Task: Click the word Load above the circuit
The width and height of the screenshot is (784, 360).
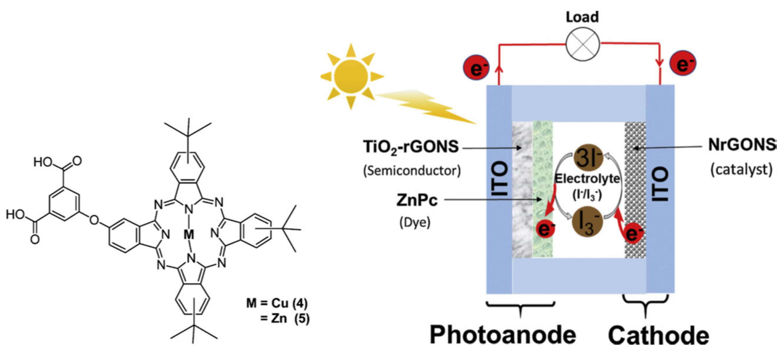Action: (582, 17)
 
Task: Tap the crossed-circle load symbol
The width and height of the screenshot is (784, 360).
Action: (582, 44)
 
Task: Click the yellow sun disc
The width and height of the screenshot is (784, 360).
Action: (351, 76)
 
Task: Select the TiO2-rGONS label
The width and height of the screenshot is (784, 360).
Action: (411, 147)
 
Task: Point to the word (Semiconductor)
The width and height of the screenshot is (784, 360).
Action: (412, 171)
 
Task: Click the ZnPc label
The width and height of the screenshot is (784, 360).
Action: (417, 200)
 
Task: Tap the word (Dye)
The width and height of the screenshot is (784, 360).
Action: (415, 223)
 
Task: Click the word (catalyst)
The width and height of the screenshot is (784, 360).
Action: (741, 170)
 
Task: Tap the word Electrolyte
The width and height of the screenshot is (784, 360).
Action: (587, 179)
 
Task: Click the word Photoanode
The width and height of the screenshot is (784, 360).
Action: (503, 335)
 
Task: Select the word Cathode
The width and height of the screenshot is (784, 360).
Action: (659, 336)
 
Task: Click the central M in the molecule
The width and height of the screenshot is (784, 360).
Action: (189, 234)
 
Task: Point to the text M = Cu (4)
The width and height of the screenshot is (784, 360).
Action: (277, 303)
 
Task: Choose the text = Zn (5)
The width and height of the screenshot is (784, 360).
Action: (285, 318)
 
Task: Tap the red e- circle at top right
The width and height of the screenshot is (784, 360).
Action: (683, 63)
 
